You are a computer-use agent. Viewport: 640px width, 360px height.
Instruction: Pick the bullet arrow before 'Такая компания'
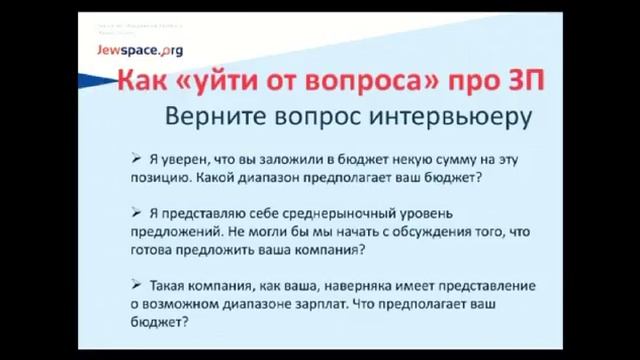(135, 281)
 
